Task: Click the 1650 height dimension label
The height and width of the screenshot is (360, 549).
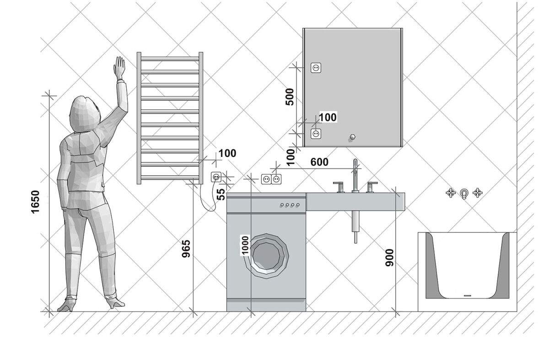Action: click(x=35, y=202)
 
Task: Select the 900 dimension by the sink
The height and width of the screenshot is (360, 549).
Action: click(x=389, y=258)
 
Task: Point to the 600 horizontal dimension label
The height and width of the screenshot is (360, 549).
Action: click(x=319, y=162)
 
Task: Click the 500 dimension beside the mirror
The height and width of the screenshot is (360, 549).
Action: click(x=290, y=97)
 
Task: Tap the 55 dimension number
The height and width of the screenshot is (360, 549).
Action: click(x=221, y=193)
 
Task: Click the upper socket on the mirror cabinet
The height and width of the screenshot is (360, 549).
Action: click(x=316, y=68)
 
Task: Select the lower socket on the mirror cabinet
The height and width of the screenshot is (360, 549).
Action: click(x=316, y=134)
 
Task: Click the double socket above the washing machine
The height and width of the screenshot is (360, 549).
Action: click(x=270, y=179)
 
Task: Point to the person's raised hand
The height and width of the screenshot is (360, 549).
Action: click(x=119, y=68)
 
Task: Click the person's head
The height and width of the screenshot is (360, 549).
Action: click(x=83, y=114)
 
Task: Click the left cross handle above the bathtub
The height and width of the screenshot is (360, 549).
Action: click(x=451, y=193)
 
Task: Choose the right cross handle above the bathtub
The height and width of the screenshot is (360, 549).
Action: click(x=478, y=193)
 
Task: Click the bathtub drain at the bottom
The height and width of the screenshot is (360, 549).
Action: click(x=467, y=296)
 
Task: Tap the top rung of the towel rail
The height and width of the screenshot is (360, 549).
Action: click(x=170, y=59)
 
